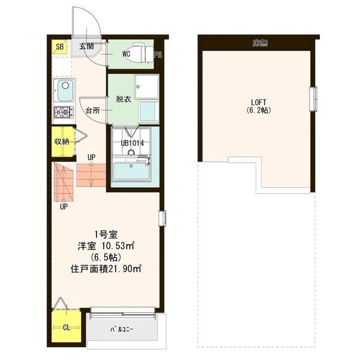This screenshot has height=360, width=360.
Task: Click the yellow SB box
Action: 59,47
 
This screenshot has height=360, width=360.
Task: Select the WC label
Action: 126,54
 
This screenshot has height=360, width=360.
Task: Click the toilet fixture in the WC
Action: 141,52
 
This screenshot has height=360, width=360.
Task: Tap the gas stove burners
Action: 63,112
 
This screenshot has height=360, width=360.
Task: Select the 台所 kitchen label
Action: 92,110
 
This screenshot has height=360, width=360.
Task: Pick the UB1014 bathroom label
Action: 133,143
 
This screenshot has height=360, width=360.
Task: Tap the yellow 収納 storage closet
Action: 62,142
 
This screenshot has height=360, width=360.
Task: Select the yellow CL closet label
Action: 67,328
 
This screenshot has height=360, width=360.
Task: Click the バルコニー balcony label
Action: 122,329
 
